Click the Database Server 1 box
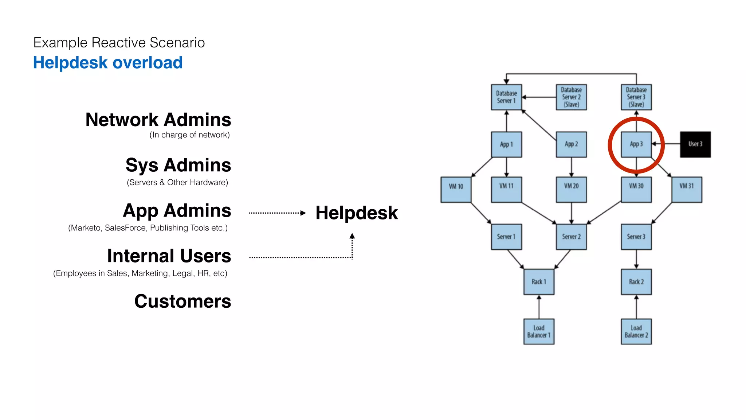[x=506, y=97]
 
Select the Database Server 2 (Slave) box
[x=571, y=97]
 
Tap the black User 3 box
[x=695, y=144]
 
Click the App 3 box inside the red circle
[x=636, y=144]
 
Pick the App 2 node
[x=571, y=144]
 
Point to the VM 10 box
[x=456, y=190]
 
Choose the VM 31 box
[x=687, y=190]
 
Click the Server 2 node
[x=571, y=237]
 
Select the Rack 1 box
[x=539, y=282]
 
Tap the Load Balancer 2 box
[x=636, y=331]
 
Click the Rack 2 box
[x=636, y=282]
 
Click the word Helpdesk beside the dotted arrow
[x=356, y=213]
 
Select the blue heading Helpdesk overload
[x=108, y=63]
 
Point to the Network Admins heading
[x=158, y=120]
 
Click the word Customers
[x=182, y=301]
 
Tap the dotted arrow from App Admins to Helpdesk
[x=277, y=213]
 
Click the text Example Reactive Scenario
[x=119, y=43]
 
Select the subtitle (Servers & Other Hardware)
[x=177, y=182]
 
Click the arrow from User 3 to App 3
[x=666, y=144]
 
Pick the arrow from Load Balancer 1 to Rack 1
[x=539, y=307]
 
